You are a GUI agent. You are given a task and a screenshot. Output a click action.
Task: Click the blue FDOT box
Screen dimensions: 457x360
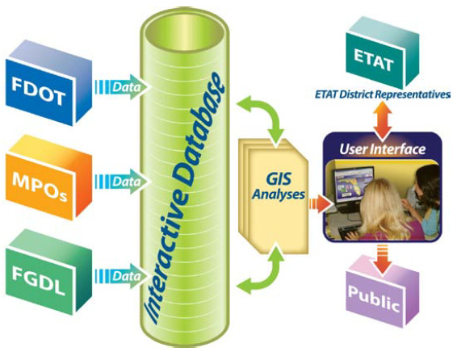(48, 85)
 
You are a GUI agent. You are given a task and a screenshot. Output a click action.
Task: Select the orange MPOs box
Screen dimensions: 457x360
(48, 178)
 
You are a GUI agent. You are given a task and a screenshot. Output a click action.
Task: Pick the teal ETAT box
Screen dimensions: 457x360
(383, 52)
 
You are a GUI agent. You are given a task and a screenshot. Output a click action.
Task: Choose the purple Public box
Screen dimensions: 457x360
(383, 293)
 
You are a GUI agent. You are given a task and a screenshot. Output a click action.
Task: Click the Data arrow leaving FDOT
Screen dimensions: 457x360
(123, 87)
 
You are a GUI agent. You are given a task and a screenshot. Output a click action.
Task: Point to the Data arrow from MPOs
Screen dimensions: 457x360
(123, 181)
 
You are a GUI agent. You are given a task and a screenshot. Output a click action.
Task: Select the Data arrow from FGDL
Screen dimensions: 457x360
(123, 276)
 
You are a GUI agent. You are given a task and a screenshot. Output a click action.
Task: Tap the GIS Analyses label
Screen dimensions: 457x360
(279, 186)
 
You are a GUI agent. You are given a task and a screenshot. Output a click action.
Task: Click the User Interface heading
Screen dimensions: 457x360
(383, 149)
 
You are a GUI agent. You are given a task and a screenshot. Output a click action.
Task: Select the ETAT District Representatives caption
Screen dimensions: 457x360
(383, 94)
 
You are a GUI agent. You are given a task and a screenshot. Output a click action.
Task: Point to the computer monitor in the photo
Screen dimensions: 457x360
(354, 184)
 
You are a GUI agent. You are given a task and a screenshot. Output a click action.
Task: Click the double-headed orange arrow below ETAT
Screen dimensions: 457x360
(383, 119)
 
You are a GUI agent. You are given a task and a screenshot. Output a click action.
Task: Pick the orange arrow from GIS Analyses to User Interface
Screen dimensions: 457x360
(320, 203)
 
